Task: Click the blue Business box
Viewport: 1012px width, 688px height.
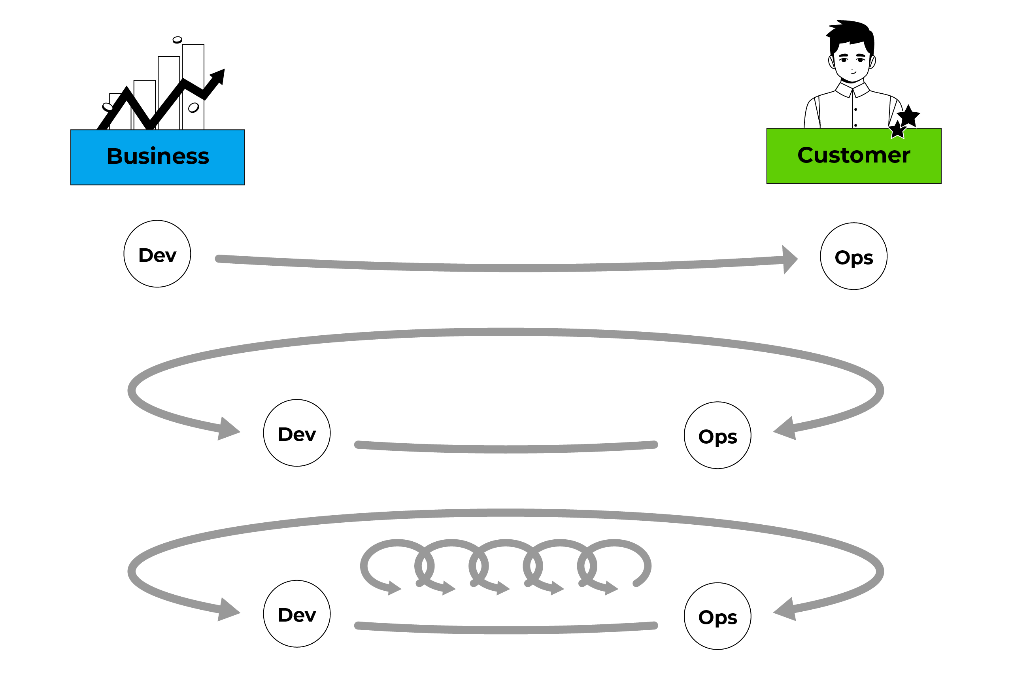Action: point(158,157)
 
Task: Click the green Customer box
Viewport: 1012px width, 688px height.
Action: point(853,156)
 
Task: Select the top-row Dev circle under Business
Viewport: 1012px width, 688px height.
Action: point(157,254)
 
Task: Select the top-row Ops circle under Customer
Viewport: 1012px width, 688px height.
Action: point(853,257)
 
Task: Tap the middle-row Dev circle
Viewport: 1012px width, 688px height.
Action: point(296,433)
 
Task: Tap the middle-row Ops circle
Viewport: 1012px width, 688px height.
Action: point(717,435)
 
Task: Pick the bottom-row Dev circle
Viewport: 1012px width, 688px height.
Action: point(296,614)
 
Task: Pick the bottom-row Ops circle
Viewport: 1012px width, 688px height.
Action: point(717,616)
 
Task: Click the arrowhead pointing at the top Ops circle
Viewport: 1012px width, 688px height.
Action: point(789,259)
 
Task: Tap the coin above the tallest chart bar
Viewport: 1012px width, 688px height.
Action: point(177,40)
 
